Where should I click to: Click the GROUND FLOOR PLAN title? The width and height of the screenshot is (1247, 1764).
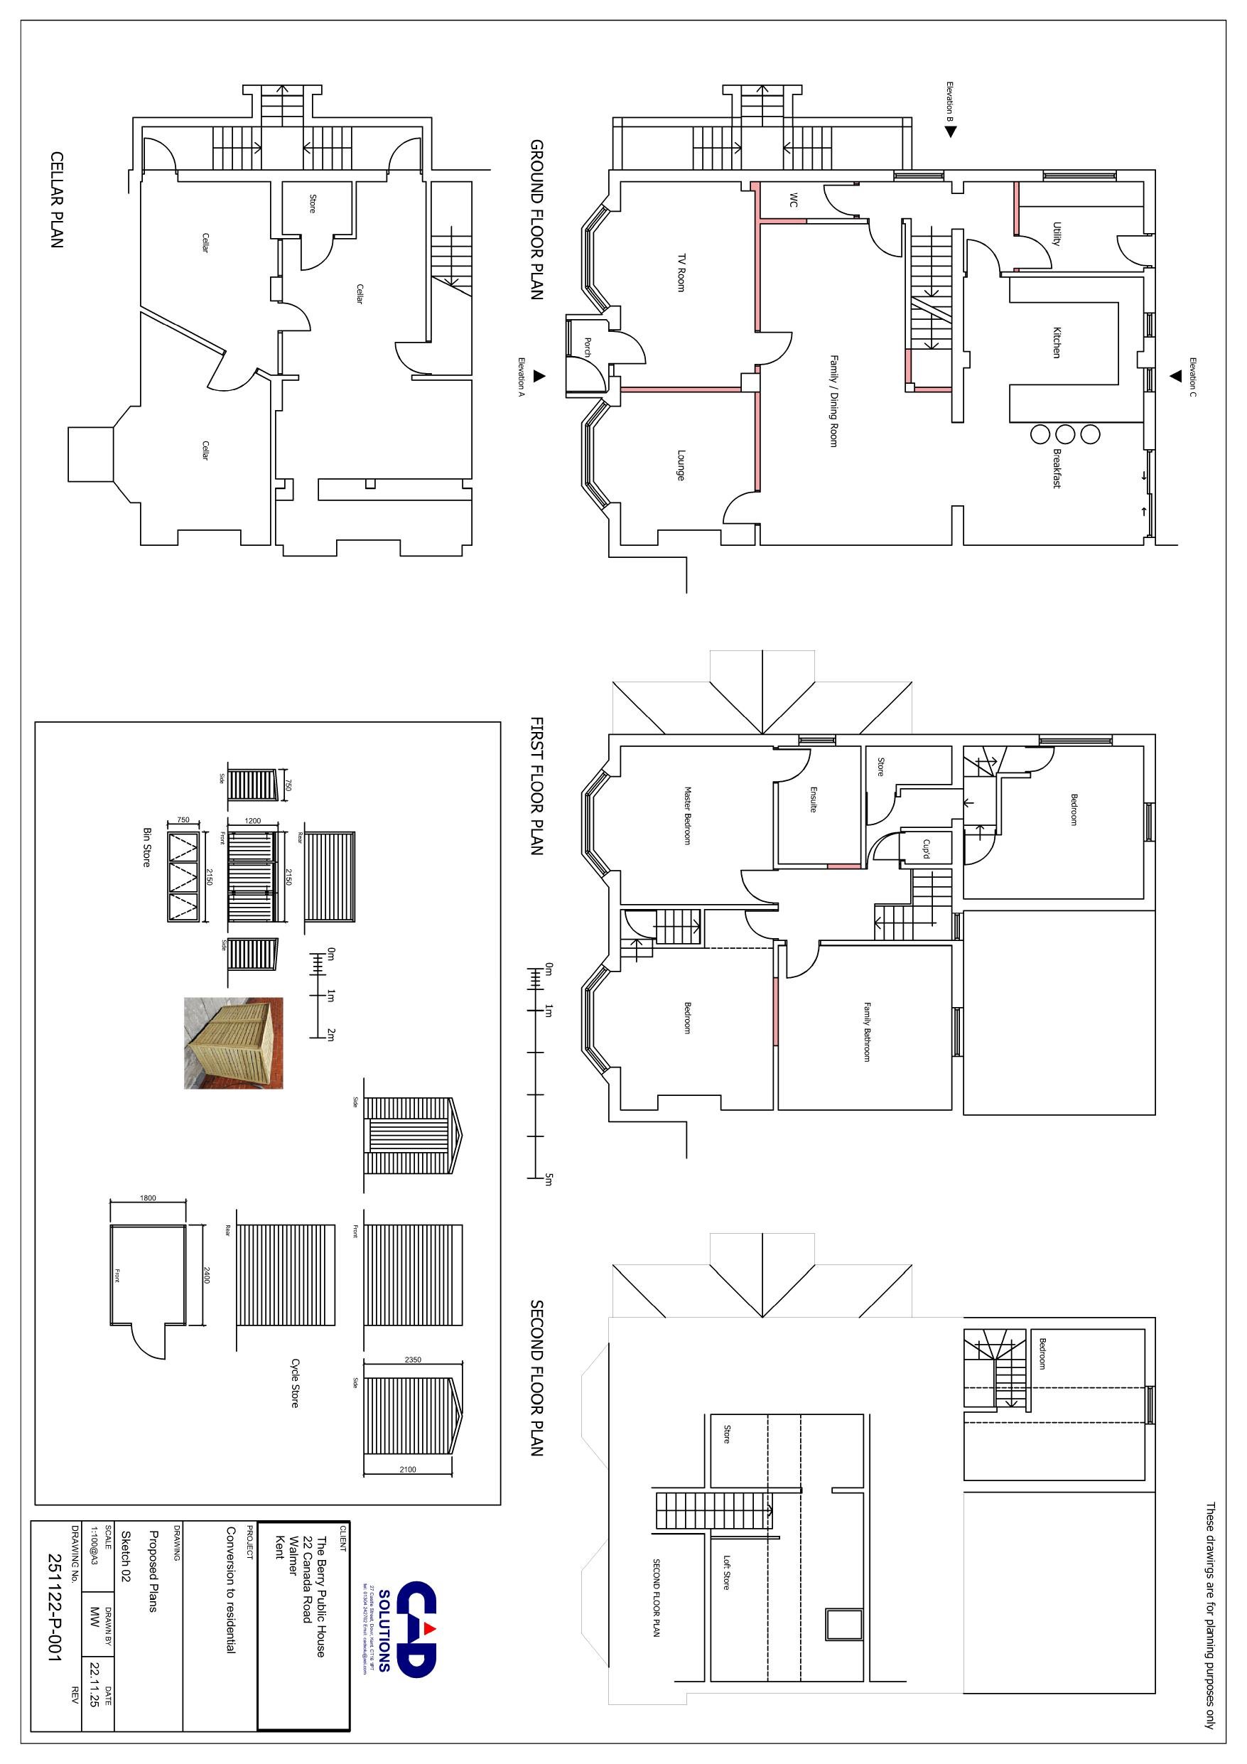click(x=536, y=220)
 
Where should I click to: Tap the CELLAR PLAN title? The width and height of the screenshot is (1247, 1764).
click(x=57, y=200)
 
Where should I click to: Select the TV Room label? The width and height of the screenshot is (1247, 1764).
click(x=681, y=272)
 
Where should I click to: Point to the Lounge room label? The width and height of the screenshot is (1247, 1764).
click(x=681, y=466)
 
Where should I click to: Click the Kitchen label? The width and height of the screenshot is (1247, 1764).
click(x=1057, y=343)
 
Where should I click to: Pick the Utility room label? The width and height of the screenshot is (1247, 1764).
click(x=1057, y=235)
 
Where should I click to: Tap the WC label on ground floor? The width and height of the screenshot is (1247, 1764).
click(x=794, y=200)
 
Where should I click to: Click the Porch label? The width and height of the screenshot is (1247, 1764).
click(x=588, y=348)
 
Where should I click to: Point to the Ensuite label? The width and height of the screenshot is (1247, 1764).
click(x=813, y=798)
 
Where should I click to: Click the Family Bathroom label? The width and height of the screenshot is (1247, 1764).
click(x=867, y=1032)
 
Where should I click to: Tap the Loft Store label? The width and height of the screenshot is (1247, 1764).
click(x=726, y=1573)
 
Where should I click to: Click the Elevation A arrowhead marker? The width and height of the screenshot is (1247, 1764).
click(x=539, y=376)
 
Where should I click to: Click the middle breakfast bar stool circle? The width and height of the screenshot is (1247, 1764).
click(x=1065, y=434)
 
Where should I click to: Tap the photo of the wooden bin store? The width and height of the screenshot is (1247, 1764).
click(x=234, y=1043)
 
